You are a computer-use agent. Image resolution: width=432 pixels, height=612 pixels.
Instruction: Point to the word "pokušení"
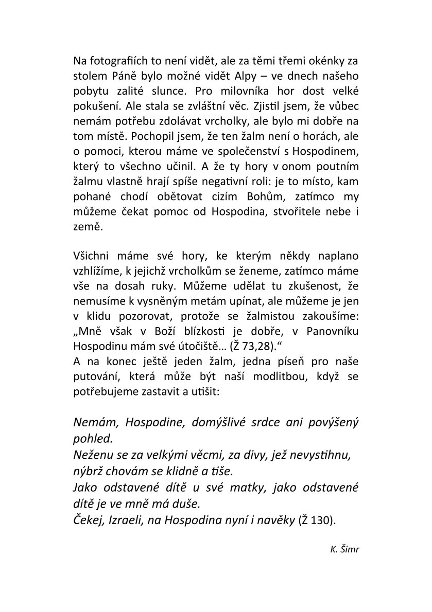94,106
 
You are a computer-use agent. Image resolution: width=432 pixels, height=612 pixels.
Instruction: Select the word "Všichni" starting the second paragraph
91,256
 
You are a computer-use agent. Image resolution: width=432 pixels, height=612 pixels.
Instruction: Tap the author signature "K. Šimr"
344,549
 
